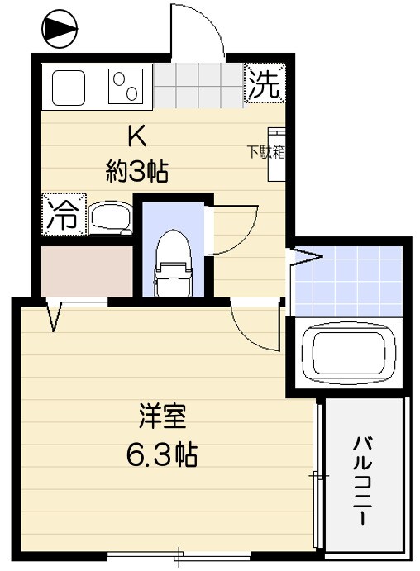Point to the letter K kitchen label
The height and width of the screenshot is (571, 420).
[x=136, y=136]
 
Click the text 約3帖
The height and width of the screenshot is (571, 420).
[x=137, y=171]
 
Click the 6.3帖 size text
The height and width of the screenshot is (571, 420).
[x=160, y=454]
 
